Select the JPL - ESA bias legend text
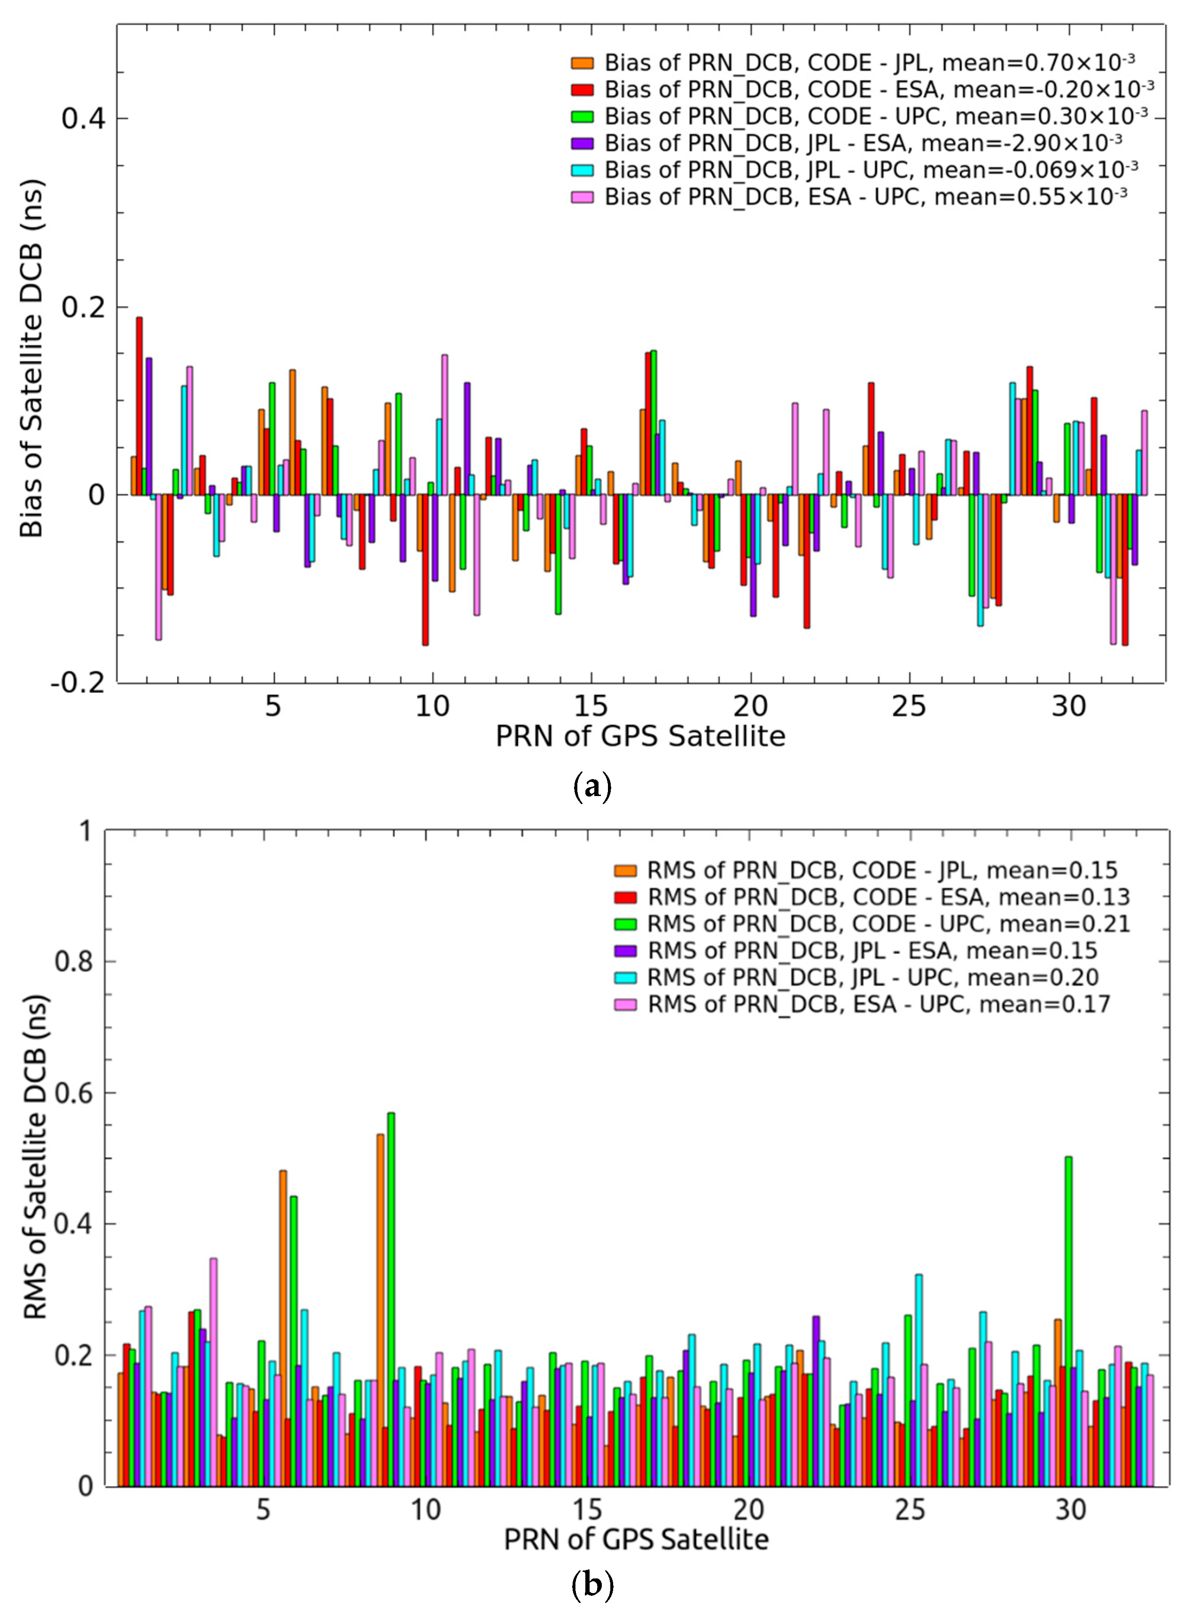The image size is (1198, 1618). click(863, 143)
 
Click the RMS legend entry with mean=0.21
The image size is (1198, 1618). click(888, 924)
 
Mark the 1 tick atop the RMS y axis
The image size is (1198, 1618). click(88, 830)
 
